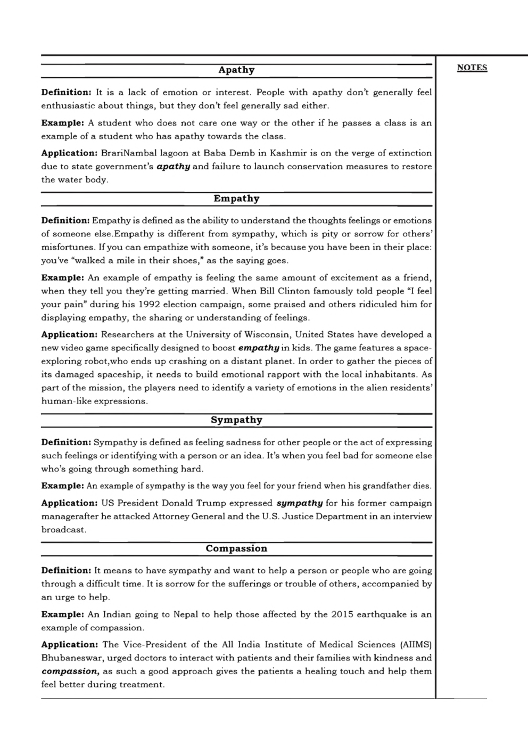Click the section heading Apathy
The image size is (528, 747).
pyautogui.click(x=236, y=70)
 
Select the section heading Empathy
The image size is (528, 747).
pyautogui.click(x=236, y=199)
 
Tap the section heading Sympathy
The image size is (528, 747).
pyautogui.click(x=236, y=420)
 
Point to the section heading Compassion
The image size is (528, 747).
pyautogui.click(x=236, y=548)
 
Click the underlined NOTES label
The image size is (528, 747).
pyautogui.click(x=472, y=68)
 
